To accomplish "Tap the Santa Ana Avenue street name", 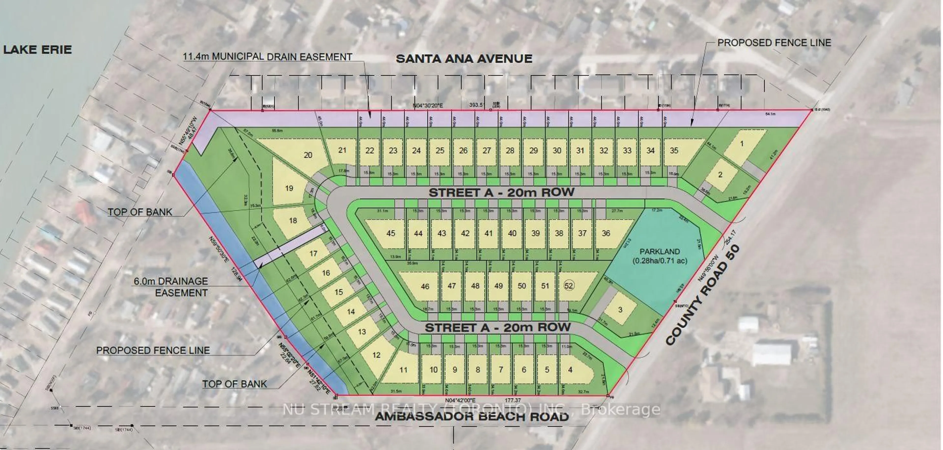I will [x=464, y=59].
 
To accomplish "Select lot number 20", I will [x=308, y=155].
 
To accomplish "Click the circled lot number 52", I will [x=569, y=286].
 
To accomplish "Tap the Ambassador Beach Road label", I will [x=472, y=417].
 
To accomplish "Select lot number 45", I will [x=391, y=233].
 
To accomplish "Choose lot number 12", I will [x=376, y=355].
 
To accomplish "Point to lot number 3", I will [x=620, y=310].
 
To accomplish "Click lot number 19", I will [x=289, y=188].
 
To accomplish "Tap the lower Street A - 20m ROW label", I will [x=498, y=328].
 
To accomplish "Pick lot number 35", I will [x=674, y=151].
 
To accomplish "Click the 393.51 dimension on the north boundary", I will [x=477, y=105].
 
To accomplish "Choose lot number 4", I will [x=570, y=370].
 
